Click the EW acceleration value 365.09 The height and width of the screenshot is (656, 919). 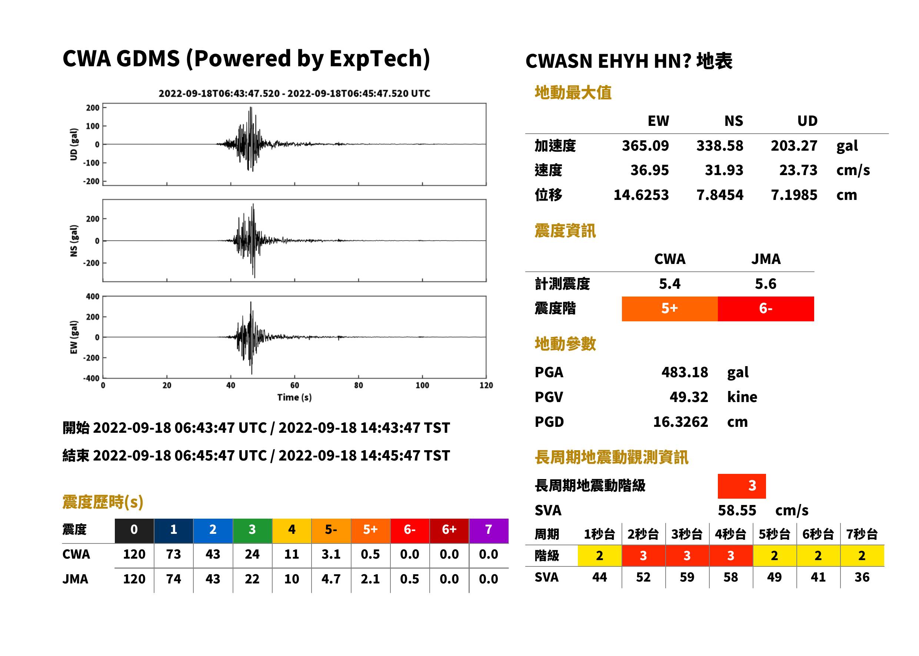[645, 146]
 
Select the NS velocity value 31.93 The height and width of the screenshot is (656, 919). [724, 170]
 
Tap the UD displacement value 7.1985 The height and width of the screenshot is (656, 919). [794, 195]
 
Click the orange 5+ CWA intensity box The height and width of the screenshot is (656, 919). [669, 309]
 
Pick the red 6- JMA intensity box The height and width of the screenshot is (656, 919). [766, 309]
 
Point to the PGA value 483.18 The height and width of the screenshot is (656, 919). [685, 372]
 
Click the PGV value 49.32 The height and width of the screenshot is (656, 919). [689, 397]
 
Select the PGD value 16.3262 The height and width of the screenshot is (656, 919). [680, 422]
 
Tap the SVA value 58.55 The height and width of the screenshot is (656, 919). [737, 511]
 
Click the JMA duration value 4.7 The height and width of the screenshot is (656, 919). [331, 579]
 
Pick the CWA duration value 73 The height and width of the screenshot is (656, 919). [173, 554]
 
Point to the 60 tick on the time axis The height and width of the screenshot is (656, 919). [294, 385]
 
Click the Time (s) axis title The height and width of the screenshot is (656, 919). [294, 398]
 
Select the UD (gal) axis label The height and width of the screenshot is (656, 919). [74, 144]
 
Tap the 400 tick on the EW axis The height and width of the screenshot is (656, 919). [93, 297]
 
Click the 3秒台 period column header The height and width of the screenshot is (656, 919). [687, 535]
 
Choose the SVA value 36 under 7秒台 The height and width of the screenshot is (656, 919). [862, 577]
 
